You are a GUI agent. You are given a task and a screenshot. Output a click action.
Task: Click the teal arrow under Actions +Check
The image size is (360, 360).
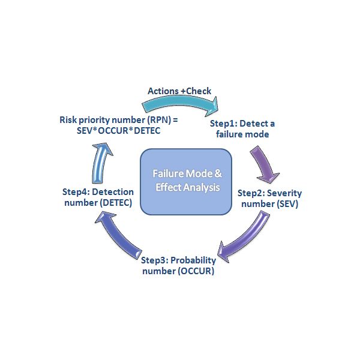point(180,105)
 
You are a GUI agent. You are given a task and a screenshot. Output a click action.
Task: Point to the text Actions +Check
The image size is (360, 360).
point(179,91)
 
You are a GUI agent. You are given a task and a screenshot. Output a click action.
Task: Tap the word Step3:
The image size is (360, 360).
point(155,260)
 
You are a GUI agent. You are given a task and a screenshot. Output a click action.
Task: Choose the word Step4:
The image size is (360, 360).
point(76,191)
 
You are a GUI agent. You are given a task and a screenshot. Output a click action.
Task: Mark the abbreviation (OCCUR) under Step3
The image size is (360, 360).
point(195,271)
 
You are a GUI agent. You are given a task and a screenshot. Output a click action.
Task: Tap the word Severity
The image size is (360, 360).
point(286,193)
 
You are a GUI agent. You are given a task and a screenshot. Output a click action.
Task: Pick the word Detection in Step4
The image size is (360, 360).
point(112,191)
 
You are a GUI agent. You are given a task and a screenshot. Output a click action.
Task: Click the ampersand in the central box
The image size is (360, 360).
point(218,174)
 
